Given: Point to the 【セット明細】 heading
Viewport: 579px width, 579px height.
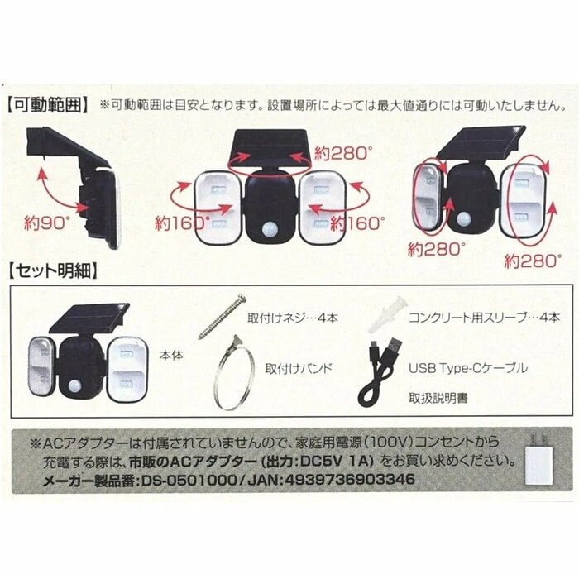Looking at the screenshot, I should point(54,270).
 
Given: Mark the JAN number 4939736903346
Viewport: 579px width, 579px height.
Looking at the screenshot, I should point(356,480).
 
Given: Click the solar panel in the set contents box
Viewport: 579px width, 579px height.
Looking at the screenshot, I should point(90,315).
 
